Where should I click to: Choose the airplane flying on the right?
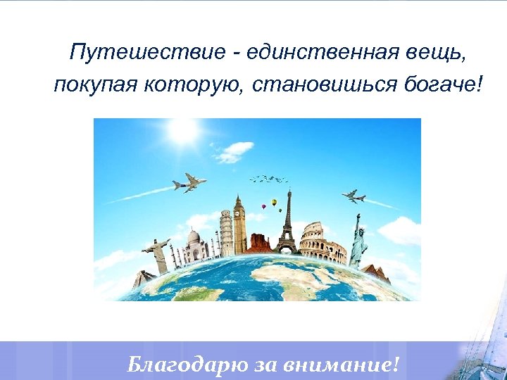[x=353, y=196]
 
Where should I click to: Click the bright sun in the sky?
[x=182, y=130]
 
